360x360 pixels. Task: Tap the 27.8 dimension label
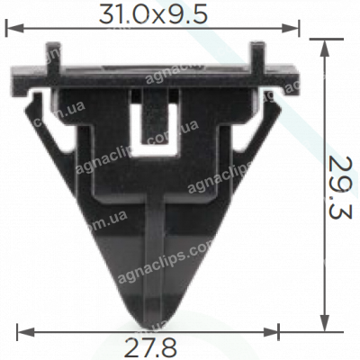[x=151, y=346]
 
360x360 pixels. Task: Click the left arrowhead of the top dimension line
[x=11, y=29]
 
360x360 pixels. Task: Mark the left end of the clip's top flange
[x=16, y=76]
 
